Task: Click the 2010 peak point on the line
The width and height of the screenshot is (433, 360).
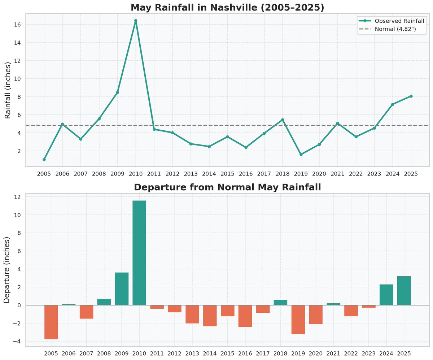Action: click(136, 21)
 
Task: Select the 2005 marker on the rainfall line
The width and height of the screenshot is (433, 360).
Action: click(44, 160)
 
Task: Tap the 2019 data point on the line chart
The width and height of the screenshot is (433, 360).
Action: click(301, 155)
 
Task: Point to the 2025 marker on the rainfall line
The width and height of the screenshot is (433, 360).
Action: click(411, 96)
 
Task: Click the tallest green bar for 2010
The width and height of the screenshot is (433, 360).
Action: click(139, 253)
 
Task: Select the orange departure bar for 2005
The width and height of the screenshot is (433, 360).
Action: click(51, 322)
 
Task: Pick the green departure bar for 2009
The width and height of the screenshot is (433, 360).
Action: click(122, 289)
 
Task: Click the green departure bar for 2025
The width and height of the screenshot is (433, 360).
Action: click(404, 291)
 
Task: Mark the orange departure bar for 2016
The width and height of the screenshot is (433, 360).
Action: click(245, 316)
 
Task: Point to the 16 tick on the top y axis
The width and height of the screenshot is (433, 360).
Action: click(17, 25)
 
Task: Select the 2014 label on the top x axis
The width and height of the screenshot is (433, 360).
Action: click(209, 174)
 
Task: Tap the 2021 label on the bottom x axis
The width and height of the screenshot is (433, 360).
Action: click(333, 354)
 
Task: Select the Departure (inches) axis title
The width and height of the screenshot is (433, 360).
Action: click(6, 270)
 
